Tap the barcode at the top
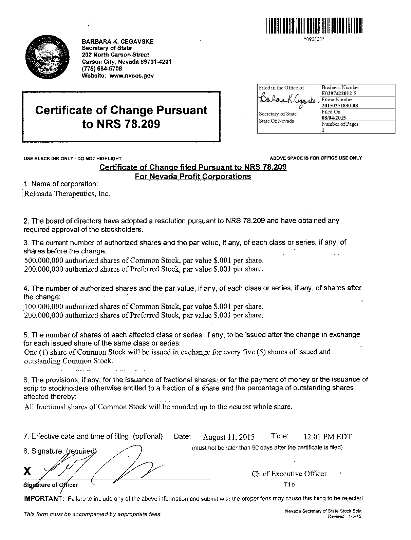[x=315, y=26]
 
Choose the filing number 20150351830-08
[x=340, y=105]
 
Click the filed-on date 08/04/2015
[x=334, y=118]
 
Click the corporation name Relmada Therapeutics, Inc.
[x=67, y=194]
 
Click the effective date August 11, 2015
[x=229, y=437]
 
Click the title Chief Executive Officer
[x=289, y=474]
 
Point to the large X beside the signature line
[x=28, y=471]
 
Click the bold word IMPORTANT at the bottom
[x=43, y=498]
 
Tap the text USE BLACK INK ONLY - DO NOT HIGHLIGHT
[x=73, y=158]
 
